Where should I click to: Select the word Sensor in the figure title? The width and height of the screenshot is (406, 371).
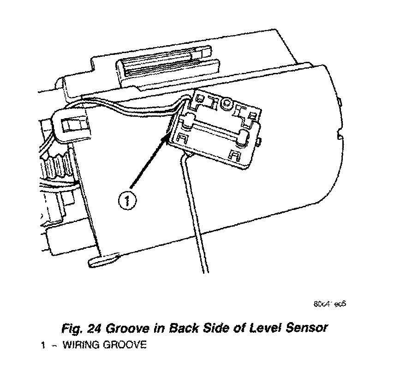tap(306, 328)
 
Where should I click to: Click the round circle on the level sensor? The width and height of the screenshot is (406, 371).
tap(227, 104)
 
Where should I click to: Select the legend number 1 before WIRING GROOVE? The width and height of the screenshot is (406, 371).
tap(42, 345)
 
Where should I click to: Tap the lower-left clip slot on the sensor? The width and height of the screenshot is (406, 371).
tap(181, 137)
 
